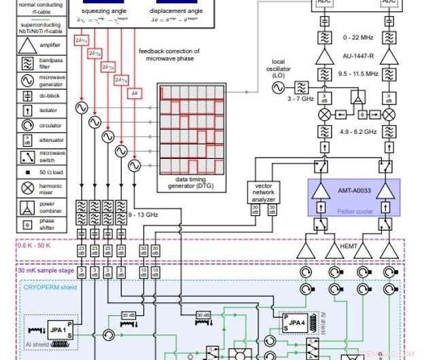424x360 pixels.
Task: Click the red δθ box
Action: pyautogui.click(x=135, y=92)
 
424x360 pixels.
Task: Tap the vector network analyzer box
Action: pyautogui.click(x=262, y=194)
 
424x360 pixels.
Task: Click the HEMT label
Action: pyautogui.click(x=349, y=247)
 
